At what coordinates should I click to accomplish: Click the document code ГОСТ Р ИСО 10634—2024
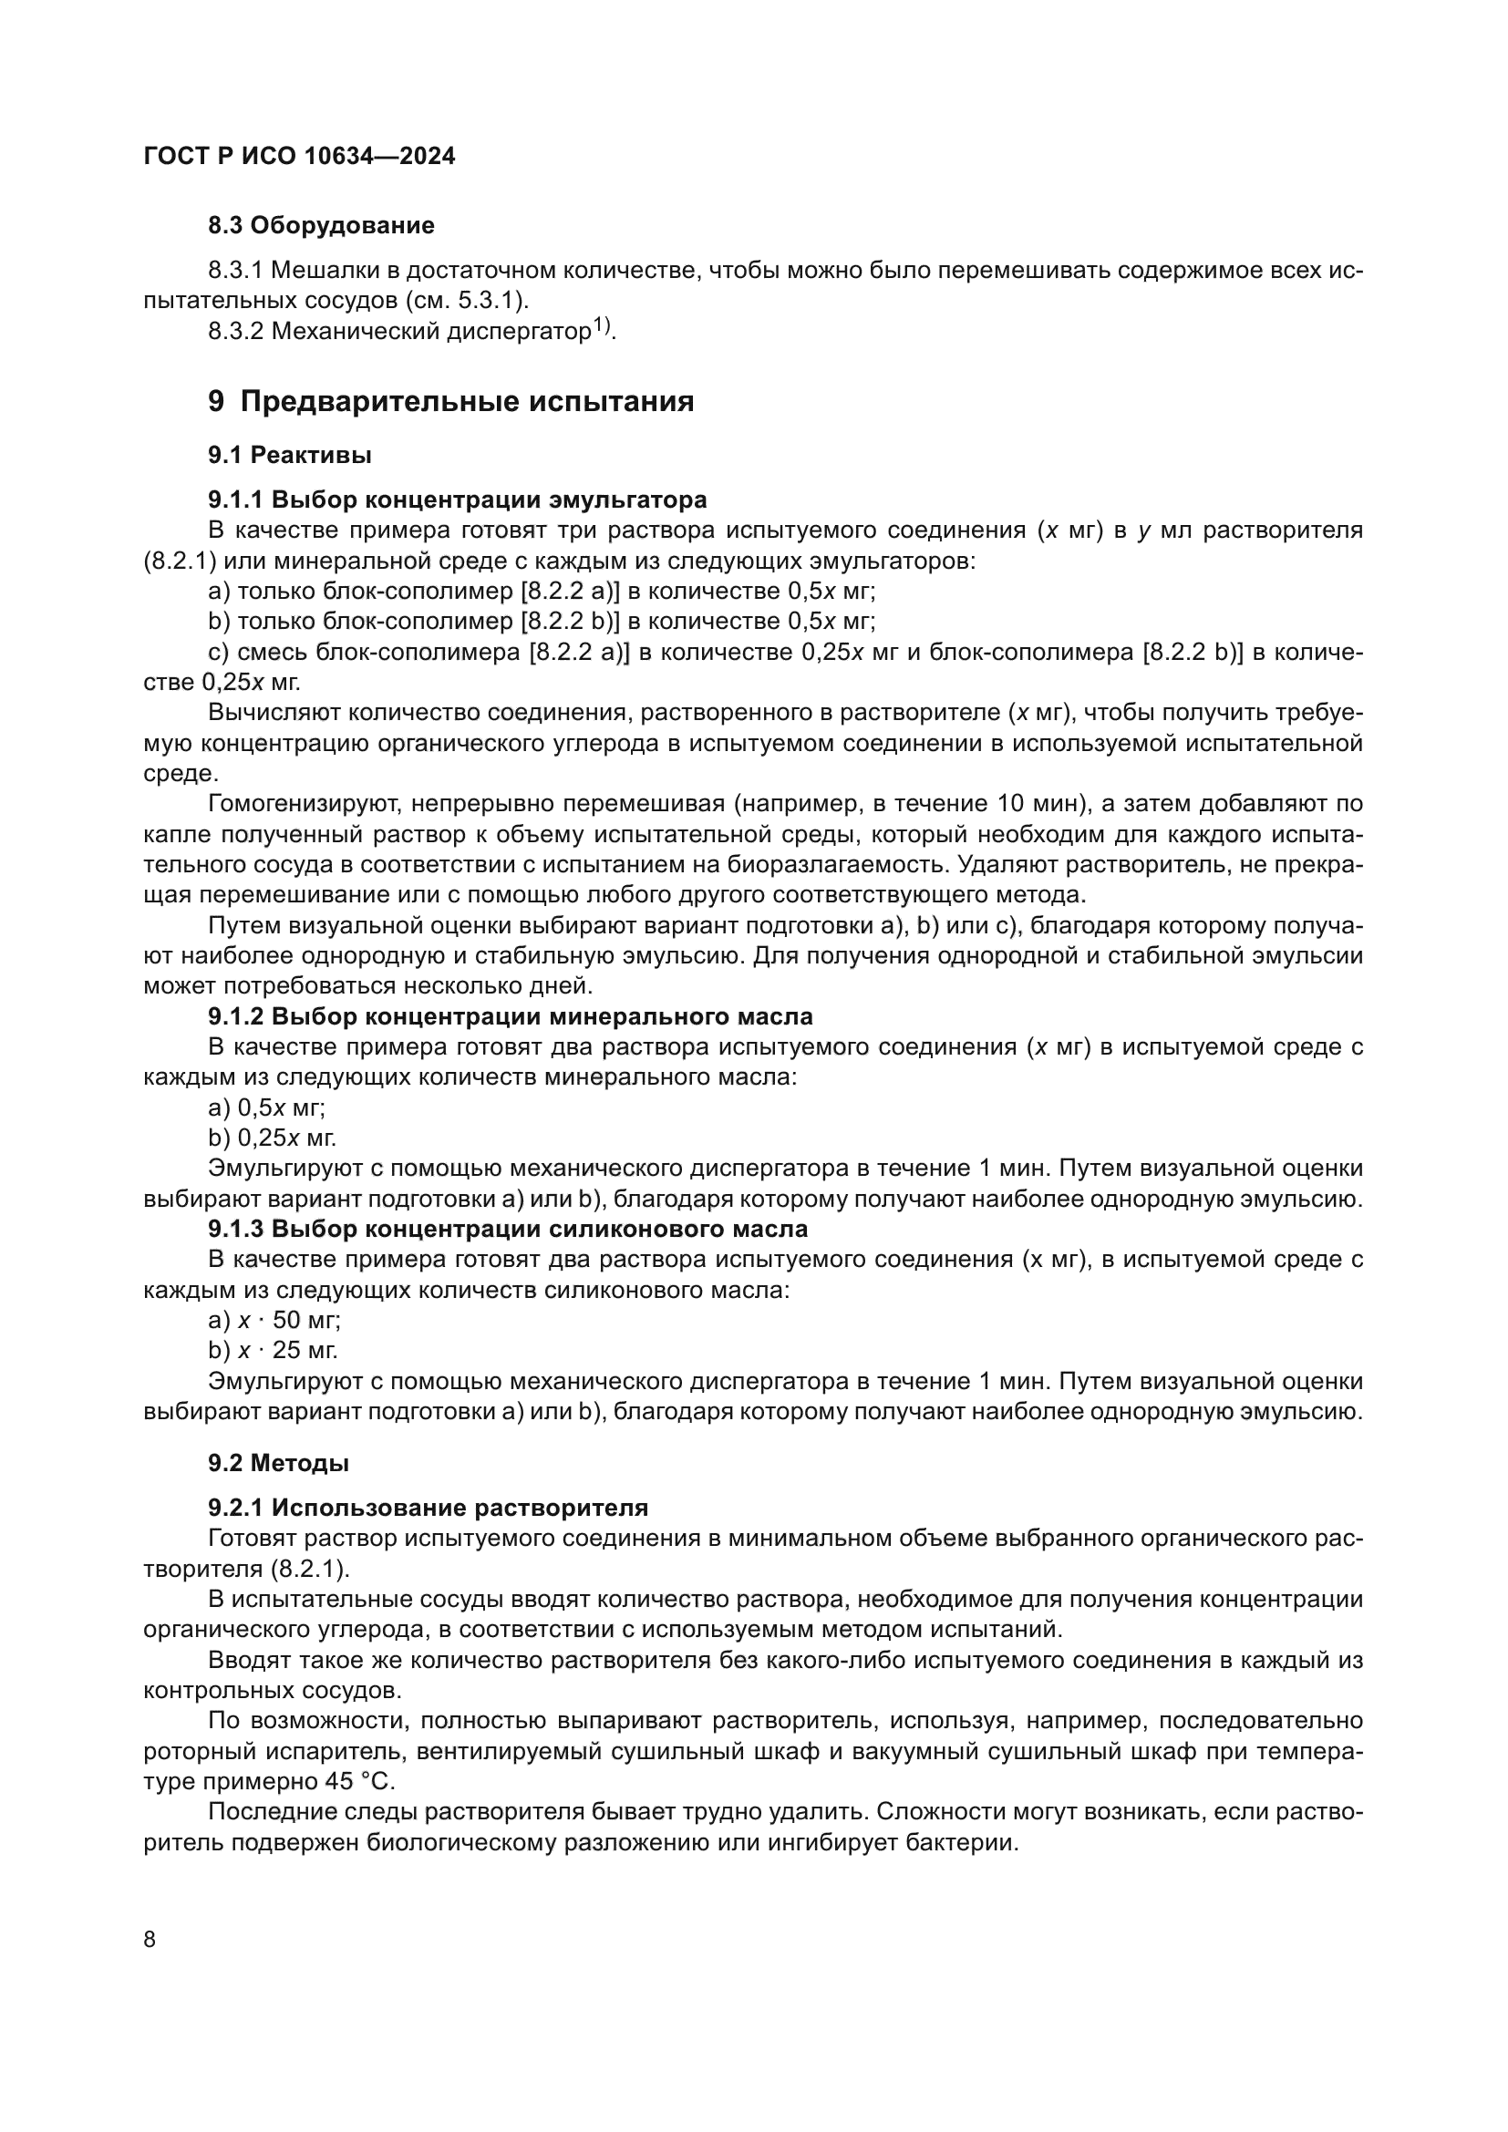click(x=299, y=156)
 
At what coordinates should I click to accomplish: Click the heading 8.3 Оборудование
click(x=320, y=226)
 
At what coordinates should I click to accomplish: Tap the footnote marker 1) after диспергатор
click(x=602, y=326)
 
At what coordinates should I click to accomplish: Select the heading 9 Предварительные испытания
click(x=450, y=401)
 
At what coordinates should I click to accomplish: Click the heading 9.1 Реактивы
click(x=290, y=455)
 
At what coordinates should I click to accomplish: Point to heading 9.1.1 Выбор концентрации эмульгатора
click(x=457, y=500)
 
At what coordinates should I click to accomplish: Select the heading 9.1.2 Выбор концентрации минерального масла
click(x=510, y=1017)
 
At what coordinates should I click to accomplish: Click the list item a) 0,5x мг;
click(x=266, y=1107)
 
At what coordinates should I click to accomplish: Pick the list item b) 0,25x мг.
click(x=272, y=1138)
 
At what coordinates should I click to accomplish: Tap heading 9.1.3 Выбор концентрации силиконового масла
click(x=507, y=1230)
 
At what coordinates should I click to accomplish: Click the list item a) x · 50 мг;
click(x=274, y=1321)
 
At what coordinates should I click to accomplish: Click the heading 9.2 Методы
click(x=279, y=1464)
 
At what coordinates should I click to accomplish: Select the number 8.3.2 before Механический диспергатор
click(x=236, y=332)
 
